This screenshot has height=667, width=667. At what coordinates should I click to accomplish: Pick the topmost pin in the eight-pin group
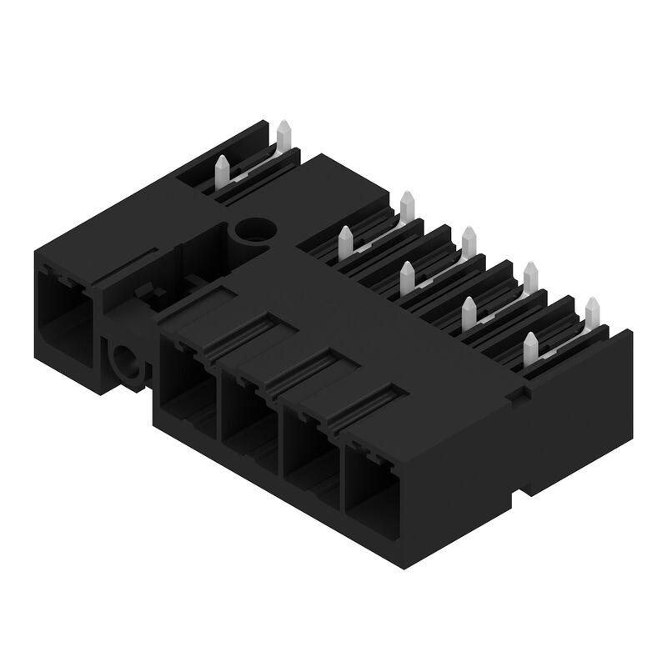407,205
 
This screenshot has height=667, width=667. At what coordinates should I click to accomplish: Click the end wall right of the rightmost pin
617,350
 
